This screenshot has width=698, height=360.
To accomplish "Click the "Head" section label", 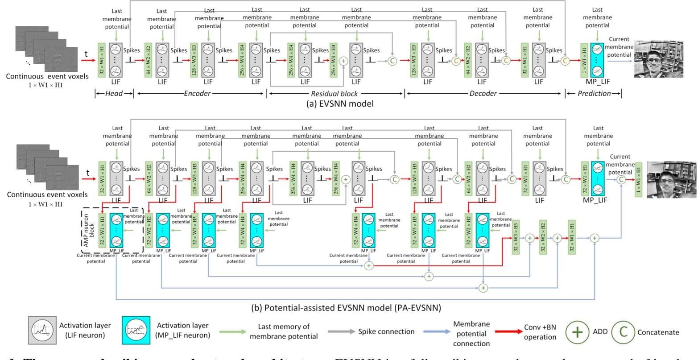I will pyautogui.click(x=113, y=93).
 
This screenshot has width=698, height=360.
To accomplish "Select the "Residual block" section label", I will pyautogui.click(x=334, y=93).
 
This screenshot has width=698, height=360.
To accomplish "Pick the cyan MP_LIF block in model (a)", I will pyautogui.click(x=597, y=60).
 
